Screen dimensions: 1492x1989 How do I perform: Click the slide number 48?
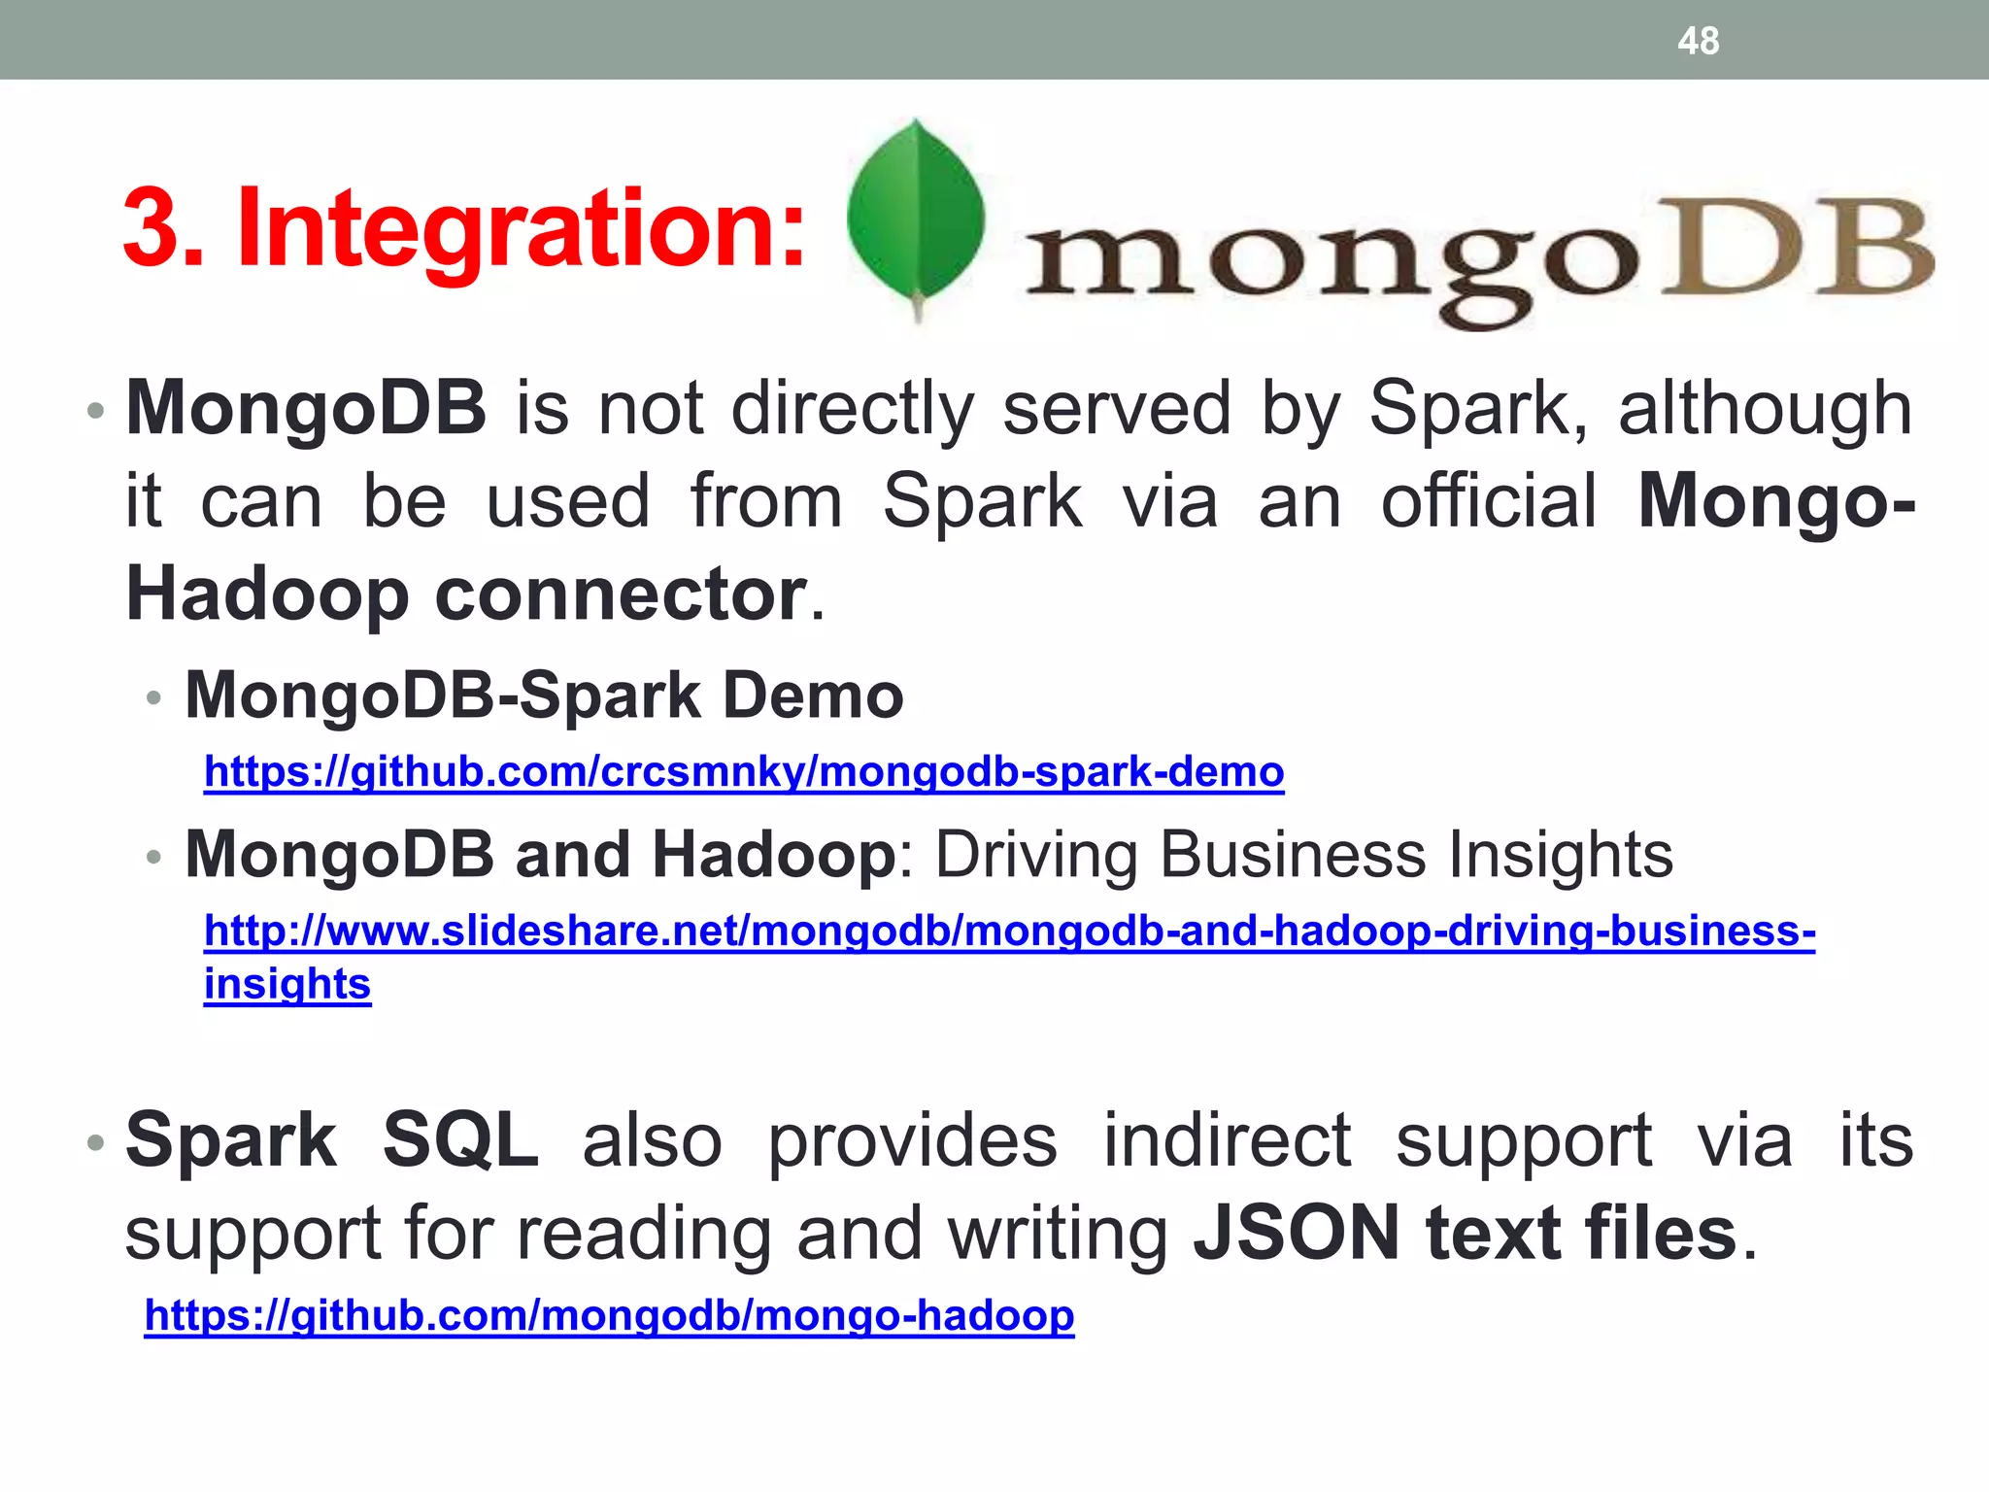pyautogui.click(x=1698, y=42)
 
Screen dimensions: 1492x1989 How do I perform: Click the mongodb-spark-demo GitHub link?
pyautogui.click(x=744, y=772)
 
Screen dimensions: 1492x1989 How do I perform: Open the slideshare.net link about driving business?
pyautogui.click(x=1009, y=931)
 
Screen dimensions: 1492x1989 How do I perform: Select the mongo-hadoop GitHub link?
pyautogui.click(x=609, y=1315)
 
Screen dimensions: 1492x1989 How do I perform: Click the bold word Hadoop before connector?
pyautogui.click(x=267, y=594)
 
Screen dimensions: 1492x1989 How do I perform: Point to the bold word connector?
pyautogui.click(x=621, y=594)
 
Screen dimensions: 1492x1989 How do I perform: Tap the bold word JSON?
pyautogui.click(x=1297, y=1233)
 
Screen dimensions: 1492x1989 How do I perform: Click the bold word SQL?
pyautogui.click(x=460, y=1139)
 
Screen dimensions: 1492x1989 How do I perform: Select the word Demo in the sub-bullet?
pyautogui.click(x=813, y=695)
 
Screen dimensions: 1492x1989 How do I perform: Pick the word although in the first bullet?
pyautogui.click(x=1765, y=409)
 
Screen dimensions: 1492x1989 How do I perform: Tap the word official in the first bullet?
pyautogui.click(x=1489, y=501)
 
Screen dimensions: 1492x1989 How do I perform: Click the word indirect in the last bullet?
pyautogui.click(x=1227, y=1139)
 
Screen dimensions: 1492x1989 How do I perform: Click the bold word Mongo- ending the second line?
pyautogui.click(x=1776, y=501)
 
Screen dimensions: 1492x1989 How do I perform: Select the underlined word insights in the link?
pyautogui.click(x=287, y=984)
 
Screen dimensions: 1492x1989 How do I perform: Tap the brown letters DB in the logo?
pyautogui.click(x=1797, y=249)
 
